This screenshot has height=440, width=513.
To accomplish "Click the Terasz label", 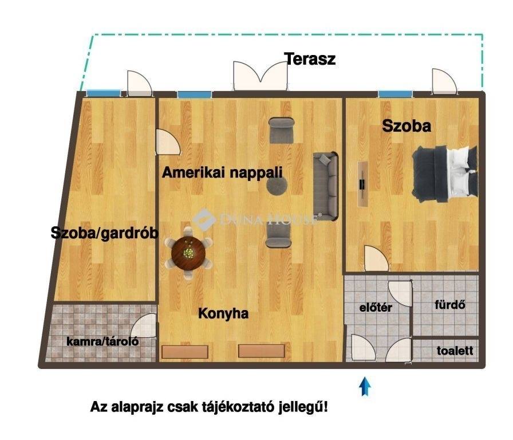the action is click(310, 59).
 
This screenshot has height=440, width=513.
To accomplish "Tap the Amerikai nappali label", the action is click(222, 172).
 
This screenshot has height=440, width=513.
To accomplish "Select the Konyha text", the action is click(223, 313).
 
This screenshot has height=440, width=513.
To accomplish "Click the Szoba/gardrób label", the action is click(105, 233).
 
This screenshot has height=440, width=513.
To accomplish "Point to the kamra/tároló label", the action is click(102, 341).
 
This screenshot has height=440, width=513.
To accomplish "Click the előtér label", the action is click(376, 308).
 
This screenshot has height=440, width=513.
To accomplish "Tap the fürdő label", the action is click(450, 304).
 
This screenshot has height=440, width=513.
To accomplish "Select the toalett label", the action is click(455, 351).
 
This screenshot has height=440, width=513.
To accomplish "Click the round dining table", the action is click(188, 253).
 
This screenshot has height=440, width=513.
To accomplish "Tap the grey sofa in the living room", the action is click(325, 186).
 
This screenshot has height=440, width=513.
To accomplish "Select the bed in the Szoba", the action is click(445, 172).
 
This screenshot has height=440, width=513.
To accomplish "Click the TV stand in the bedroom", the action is click(363, 184).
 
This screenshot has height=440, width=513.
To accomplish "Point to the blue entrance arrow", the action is click(365, 386).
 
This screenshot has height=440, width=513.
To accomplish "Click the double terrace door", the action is click(261, 76).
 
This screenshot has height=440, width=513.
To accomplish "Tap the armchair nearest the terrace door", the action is click(281, 131).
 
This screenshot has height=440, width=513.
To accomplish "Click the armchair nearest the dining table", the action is click(278, 237).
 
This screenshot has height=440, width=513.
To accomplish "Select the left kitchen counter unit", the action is click(185, 352).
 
